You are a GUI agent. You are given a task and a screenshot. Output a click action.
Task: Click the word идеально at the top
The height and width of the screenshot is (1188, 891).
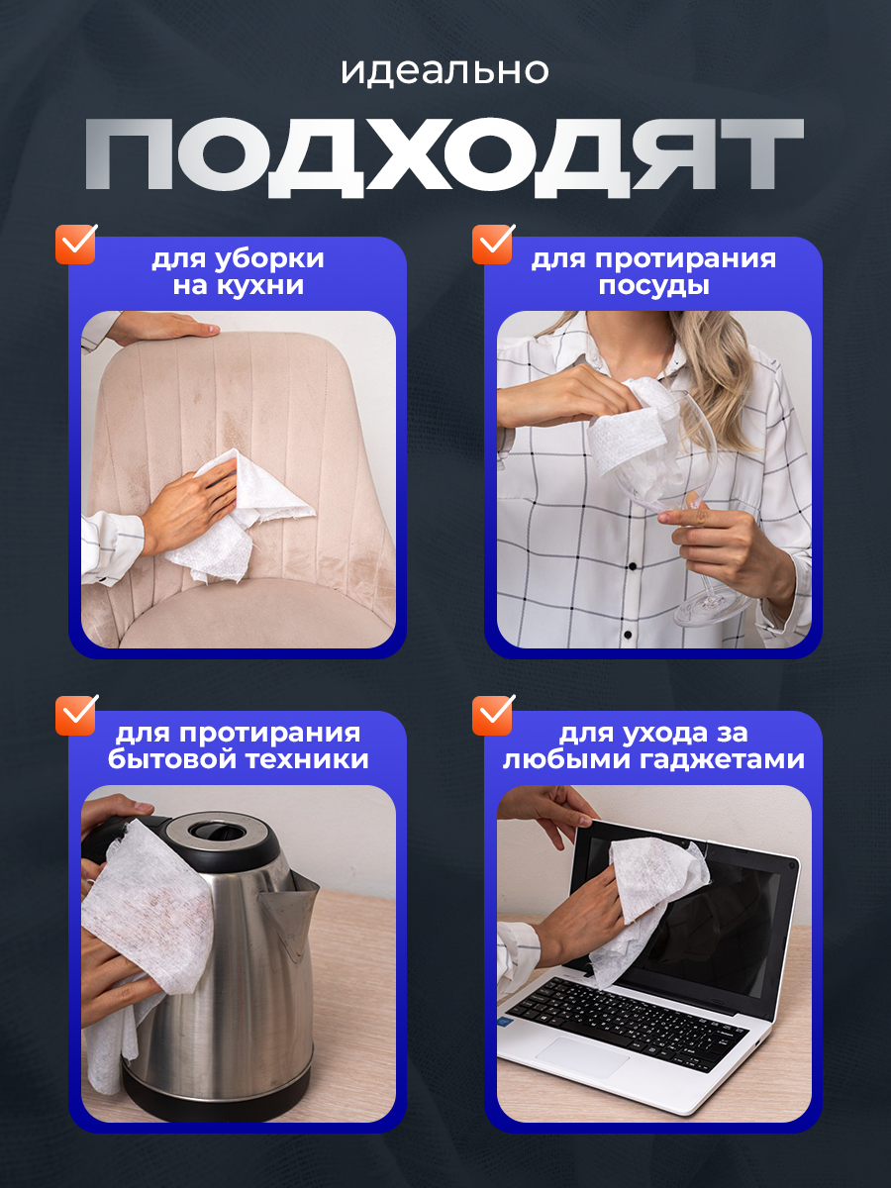click(x=445, y=71)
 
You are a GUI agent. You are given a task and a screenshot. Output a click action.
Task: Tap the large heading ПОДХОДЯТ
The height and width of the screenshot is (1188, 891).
click(x=445, y=157)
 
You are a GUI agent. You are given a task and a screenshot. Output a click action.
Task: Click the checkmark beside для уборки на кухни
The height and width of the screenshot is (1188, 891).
click(x=76, y=244)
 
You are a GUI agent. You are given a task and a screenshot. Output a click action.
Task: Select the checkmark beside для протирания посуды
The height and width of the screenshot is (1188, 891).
click(x=493, y=244)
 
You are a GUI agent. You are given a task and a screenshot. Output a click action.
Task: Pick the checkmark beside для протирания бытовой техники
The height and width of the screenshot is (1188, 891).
click(x=76, y=715)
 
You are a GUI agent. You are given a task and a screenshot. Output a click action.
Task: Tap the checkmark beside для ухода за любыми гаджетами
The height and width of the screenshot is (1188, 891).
click(x=493, y=715)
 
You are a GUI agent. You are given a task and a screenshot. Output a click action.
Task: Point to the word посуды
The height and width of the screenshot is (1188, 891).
click(x=654, y=286)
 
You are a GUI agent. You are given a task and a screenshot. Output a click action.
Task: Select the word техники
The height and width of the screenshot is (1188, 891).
click(x=307, y=758)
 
